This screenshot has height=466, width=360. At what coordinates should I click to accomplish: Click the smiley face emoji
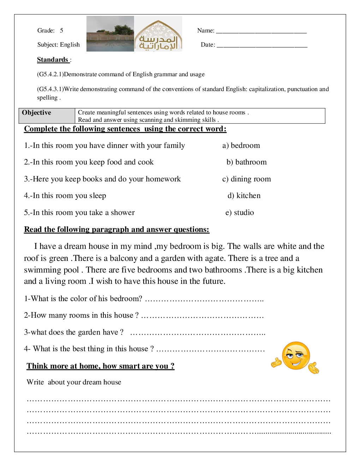[x=296, y=356]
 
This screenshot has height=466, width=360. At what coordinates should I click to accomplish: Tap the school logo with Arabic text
[x=158, y=34]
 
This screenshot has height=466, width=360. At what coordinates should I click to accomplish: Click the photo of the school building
[x=110, y=34]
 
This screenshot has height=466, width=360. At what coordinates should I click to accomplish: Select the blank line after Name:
[x=261, y=31]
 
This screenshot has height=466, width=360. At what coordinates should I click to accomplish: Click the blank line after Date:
[x=262, y=45]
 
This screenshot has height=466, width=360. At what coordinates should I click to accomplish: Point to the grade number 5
[x=61, y=31]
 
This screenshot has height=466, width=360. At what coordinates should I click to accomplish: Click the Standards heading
[x=53, y=60]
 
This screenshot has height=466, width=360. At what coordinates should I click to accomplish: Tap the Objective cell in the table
[x=47, y=116]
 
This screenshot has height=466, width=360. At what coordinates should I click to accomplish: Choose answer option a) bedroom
[x=241, y=145]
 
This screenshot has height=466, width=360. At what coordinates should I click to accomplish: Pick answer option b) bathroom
[x=247, y=162]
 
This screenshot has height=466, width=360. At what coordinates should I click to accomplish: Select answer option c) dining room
[x=247, y=179]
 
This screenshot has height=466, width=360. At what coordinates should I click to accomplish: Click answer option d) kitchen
[x=244, y=196]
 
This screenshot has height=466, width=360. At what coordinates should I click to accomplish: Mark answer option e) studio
[x=240, y=213]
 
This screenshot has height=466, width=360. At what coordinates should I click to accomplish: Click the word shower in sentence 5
[x=123, y=213]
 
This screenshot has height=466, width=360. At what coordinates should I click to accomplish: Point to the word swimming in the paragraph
[x=38, y=270]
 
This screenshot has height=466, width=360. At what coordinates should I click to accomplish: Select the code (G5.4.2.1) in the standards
[x=50, y=74]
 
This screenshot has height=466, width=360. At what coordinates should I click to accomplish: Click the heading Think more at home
[x=100, y=366]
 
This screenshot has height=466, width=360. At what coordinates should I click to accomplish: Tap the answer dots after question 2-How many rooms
[x=202, y=316]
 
